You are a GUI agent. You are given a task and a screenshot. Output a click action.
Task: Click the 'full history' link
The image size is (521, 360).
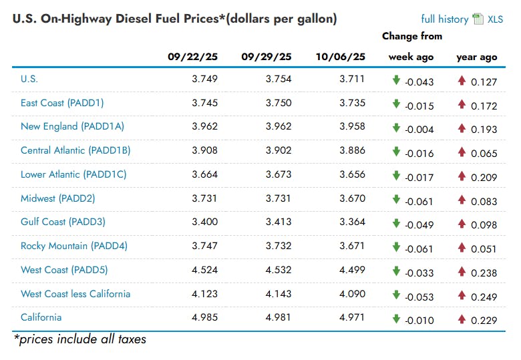click(444, 19)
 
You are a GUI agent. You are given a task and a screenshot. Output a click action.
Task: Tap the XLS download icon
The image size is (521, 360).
click(478, 19)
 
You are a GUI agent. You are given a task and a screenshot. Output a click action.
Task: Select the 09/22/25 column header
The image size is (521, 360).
click(192, 57)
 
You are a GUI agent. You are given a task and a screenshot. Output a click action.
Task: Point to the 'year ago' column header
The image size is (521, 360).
click(476, 57)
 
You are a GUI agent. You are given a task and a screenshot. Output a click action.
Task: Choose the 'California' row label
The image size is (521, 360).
click(41, 317)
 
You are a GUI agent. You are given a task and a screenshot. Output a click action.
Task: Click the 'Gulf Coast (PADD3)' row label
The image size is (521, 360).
click(63, 222)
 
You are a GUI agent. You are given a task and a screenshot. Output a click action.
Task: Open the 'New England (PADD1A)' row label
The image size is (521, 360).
click(72, 126)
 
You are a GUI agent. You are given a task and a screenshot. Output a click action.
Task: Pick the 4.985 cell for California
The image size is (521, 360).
click(204, 317)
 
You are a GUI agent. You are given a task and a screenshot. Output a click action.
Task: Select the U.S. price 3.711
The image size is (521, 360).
click(352, 79)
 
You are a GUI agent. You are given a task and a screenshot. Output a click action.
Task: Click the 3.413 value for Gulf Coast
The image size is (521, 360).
click(279, 222)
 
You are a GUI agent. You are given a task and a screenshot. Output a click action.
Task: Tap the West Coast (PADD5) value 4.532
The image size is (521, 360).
click(279, 270)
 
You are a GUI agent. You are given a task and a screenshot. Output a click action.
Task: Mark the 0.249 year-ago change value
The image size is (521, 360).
click(484, 297)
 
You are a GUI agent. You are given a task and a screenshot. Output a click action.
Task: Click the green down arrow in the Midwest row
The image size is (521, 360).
click(396, 199)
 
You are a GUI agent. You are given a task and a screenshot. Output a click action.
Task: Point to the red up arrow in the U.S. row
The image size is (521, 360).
click(461, 80)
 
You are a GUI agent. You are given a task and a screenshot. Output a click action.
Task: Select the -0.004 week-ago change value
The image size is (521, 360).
click(419, 130)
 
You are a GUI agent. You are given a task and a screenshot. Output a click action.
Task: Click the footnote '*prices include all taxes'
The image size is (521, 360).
click(80, 339)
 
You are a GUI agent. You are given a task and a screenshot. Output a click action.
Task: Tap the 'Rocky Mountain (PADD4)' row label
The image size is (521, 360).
click(73, 246)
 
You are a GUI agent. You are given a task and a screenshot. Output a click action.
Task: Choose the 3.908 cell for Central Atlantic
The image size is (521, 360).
click(204, 150)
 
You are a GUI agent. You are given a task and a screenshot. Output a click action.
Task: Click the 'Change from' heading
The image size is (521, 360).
click(412, 36)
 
